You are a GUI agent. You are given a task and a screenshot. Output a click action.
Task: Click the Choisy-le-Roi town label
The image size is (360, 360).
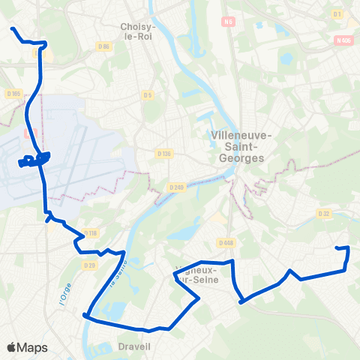[x=137, y=31]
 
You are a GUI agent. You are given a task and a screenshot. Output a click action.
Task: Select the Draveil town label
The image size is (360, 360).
[x=134, y=346]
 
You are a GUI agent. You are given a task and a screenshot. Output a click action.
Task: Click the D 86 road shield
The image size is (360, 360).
[x=104, y=47]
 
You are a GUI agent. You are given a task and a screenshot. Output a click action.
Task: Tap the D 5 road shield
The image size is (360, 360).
[x=148, y=94]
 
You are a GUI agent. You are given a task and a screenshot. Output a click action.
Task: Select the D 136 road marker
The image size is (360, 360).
[x=164, y=153]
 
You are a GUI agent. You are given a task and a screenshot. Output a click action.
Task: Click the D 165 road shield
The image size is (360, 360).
[x=13, y=94]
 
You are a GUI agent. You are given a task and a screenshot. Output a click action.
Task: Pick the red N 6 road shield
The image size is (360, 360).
[x=228, y=22]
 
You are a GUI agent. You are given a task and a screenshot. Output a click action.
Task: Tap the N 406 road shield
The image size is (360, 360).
[x=344, y=41]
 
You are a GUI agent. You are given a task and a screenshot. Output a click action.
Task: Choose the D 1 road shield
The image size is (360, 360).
[x=337, y=14]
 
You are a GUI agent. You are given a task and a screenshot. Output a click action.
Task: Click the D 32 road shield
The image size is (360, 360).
[x=324, y=214]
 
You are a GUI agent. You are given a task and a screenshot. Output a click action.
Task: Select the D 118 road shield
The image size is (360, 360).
[x=91, y=233]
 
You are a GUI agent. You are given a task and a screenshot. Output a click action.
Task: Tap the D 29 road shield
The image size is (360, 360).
[x=90, y=265]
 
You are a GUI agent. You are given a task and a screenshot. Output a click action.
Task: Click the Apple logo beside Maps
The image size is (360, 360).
[x=11, y=347]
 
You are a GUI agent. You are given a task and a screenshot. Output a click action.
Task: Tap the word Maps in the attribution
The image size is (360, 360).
[x=32, y=347]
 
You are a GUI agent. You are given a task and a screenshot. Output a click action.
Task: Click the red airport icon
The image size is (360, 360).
[x=29, y=133]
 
